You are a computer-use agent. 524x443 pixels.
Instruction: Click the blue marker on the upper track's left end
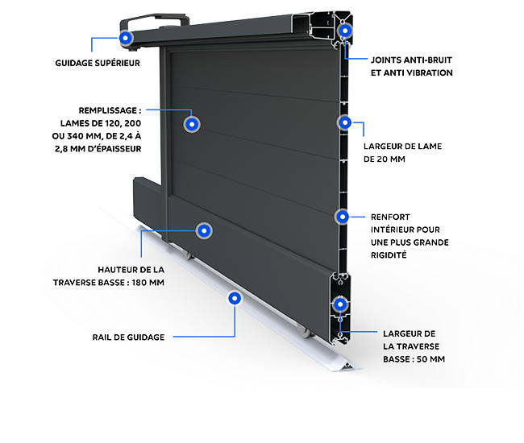click(x=126, y=38)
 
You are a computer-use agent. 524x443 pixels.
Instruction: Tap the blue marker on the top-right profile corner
click(x=345, y=31)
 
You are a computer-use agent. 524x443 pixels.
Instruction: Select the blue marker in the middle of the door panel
click(x=192, y=124)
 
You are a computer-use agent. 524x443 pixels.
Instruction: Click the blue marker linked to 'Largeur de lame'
click(x=345, y=122)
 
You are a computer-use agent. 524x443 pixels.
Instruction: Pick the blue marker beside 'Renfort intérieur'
click(x=343, y=217)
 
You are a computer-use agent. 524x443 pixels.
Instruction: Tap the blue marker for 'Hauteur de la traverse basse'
click(x=205, y=231)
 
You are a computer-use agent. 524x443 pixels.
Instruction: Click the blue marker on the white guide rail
click(x=235, y=298)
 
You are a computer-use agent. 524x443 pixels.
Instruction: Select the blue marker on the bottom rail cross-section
click(x=340, y=304)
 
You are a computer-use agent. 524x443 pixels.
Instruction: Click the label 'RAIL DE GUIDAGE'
click(x=128, y=337)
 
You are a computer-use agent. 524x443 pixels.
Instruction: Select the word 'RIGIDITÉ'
click(x=389, y=255)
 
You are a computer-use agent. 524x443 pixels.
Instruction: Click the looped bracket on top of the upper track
click(x=156, y=19)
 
